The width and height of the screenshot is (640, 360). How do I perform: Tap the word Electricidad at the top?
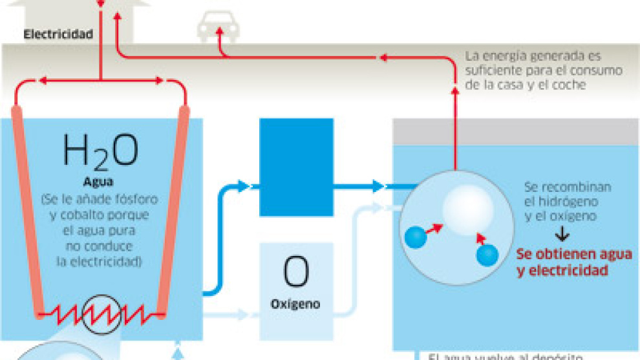pos(58,34)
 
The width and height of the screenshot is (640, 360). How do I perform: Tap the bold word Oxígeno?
pos(295,304)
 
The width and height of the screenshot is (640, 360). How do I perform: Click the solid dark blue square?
pos(296,167)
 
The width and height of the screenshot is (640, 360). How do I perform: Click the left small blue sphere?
pos(416,237)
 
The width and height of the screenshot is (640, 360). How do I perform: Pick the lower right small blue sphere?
pos(487,256)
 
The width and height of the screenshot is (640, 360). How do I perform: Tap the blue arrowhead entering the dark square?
pos(243,187)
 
